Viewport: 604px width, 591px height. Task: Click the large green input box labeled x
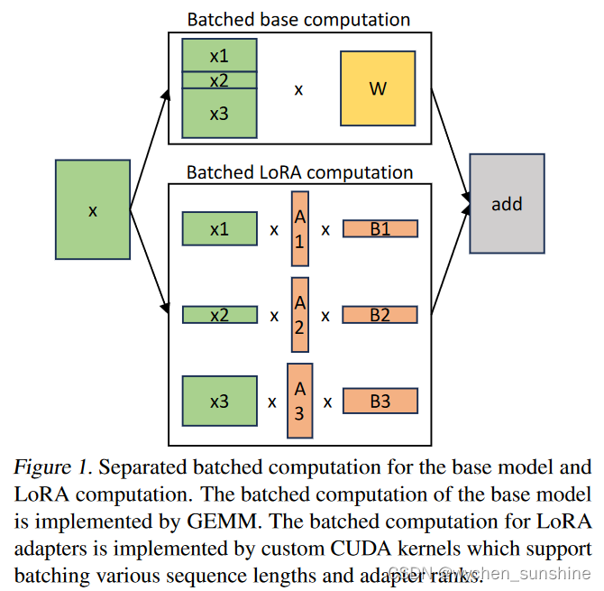92,209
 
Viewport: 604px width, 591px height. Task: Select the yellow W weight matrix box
378,88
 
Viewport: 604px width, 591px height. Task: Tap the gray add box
507,203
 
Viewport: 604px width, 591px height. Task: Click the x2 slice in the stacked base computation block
219,80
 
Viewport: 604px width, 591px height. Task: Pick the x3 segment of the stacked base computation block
219,114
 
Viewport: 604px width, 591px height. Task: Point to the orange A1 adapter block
300,229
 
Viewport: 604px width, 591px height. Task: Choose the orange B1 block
380,229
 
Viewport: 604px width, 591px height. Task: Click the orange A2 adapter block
300,315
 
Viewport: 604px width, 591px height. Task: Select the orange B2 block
380,315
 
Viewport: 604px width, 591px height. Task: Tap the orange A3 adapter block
300,401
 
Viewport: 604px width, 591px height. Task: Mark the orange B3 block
380,401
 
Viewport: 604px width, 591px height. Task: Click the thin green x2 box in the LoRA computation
219,315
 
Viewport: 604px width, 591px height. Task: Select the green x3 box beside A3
219,401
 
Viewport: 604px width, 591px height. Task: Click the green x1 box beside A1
219,229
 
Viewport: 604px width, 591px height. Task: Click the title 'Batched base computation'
298,19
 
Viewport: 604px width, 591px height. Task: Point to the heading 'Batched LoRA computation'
299,171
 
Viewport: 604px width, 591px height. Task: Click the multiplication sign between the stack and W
299,90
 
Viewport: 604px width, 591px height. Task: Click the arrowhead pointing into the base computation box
166,93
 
